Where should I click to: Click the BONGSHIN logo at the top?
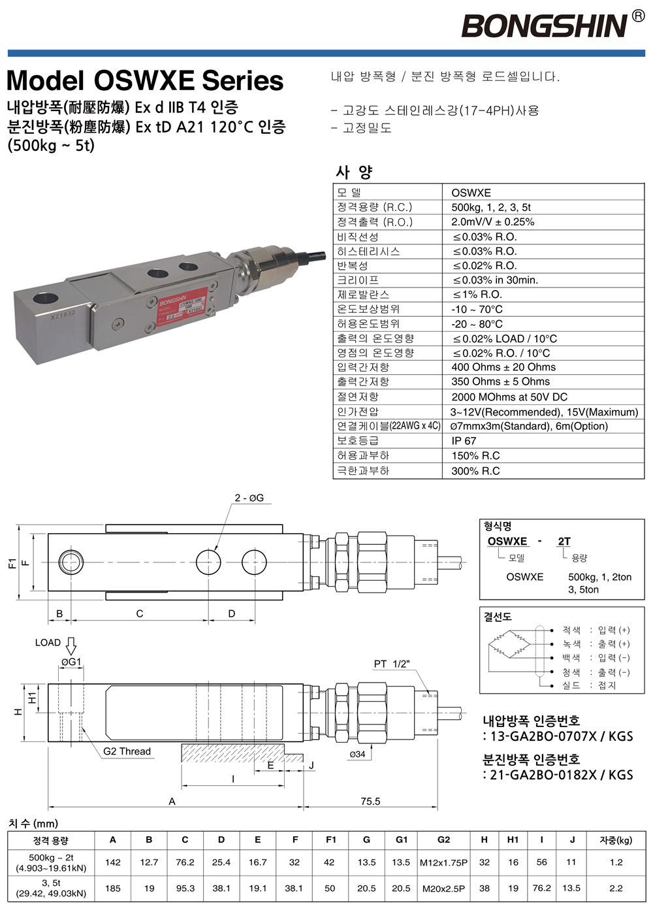click(x=545, y=26)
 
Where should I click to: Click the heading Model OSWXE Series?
click(x=145, y=81)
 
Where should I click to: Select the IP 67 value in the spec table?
click(x=464, y=441)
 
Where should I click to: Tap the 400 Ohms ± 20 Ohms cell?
click(x=503, y=367)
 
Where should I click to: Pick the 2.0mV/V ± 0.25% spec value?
click(x=492, y=222)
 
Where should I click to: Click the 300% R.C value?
click(x=475, y=471)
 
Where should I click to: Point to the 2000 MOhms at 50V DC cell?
click(x=509, y=397)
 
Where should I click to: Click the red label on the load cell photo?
click(x=183, y=308)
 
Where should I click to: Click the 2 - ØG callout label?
click(x=249, y=498)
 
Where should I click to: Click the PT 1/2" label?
click(x=392, y=664)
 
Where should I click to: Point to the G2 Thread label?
click(x=127, y=751)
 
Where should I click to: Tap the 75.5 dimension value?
click(x=370, y=801)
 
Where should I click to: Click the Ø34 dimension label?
click(x=357, y=754)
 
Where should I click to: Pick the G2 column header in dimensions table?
click(x=443, y=839)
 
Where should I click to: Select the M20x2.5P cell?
click(x=443, y=888)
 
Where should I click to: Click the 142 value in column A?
click(x=113, y=862)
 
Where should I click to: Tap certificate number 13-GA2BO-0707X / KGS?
click(x=562, y=736)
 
